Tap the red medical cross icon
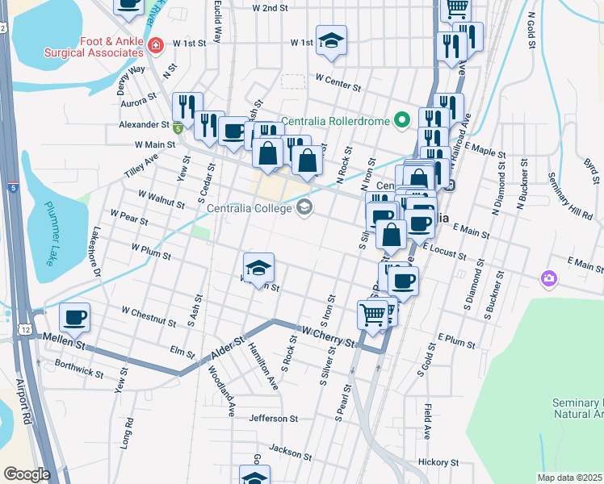click(155, 47)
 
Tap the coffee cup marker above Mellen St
click(75, 318)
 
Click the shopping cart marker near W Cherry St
click(373, 315)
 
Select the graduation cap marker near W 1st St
click(330, 42)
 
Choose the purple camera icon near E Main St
click(549, 278)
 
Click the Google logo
click(27, 474)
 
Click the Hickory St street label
click(438, 463)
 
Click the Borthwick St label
click(78, 369)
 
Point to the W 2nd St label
click(271, 8)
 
